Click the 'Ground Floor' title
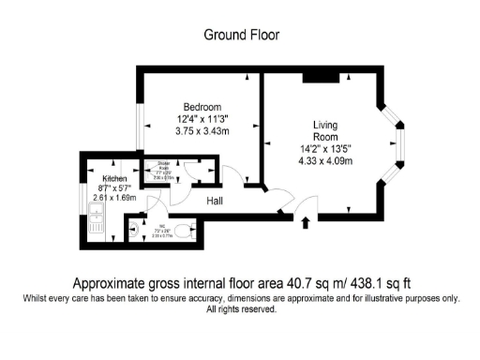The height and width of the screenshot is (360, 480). coord(241,35)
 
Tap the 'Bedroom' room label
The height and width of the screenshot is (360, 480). coord(202,105)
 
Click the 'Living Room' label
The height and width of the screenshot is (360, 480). coord(325,130)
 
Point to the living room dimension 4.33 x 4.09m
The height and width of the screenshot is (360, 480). coord(325,160)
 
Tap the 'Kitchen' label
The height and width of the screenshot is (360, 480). coord(114,178)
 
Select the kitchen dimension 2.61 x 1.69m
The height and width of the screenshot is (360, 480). coord(114,198)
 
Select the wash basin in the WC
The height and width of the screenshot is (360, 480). coord(130,228)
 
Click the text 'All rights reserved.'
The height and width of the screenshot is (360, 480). coord(241,309)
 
